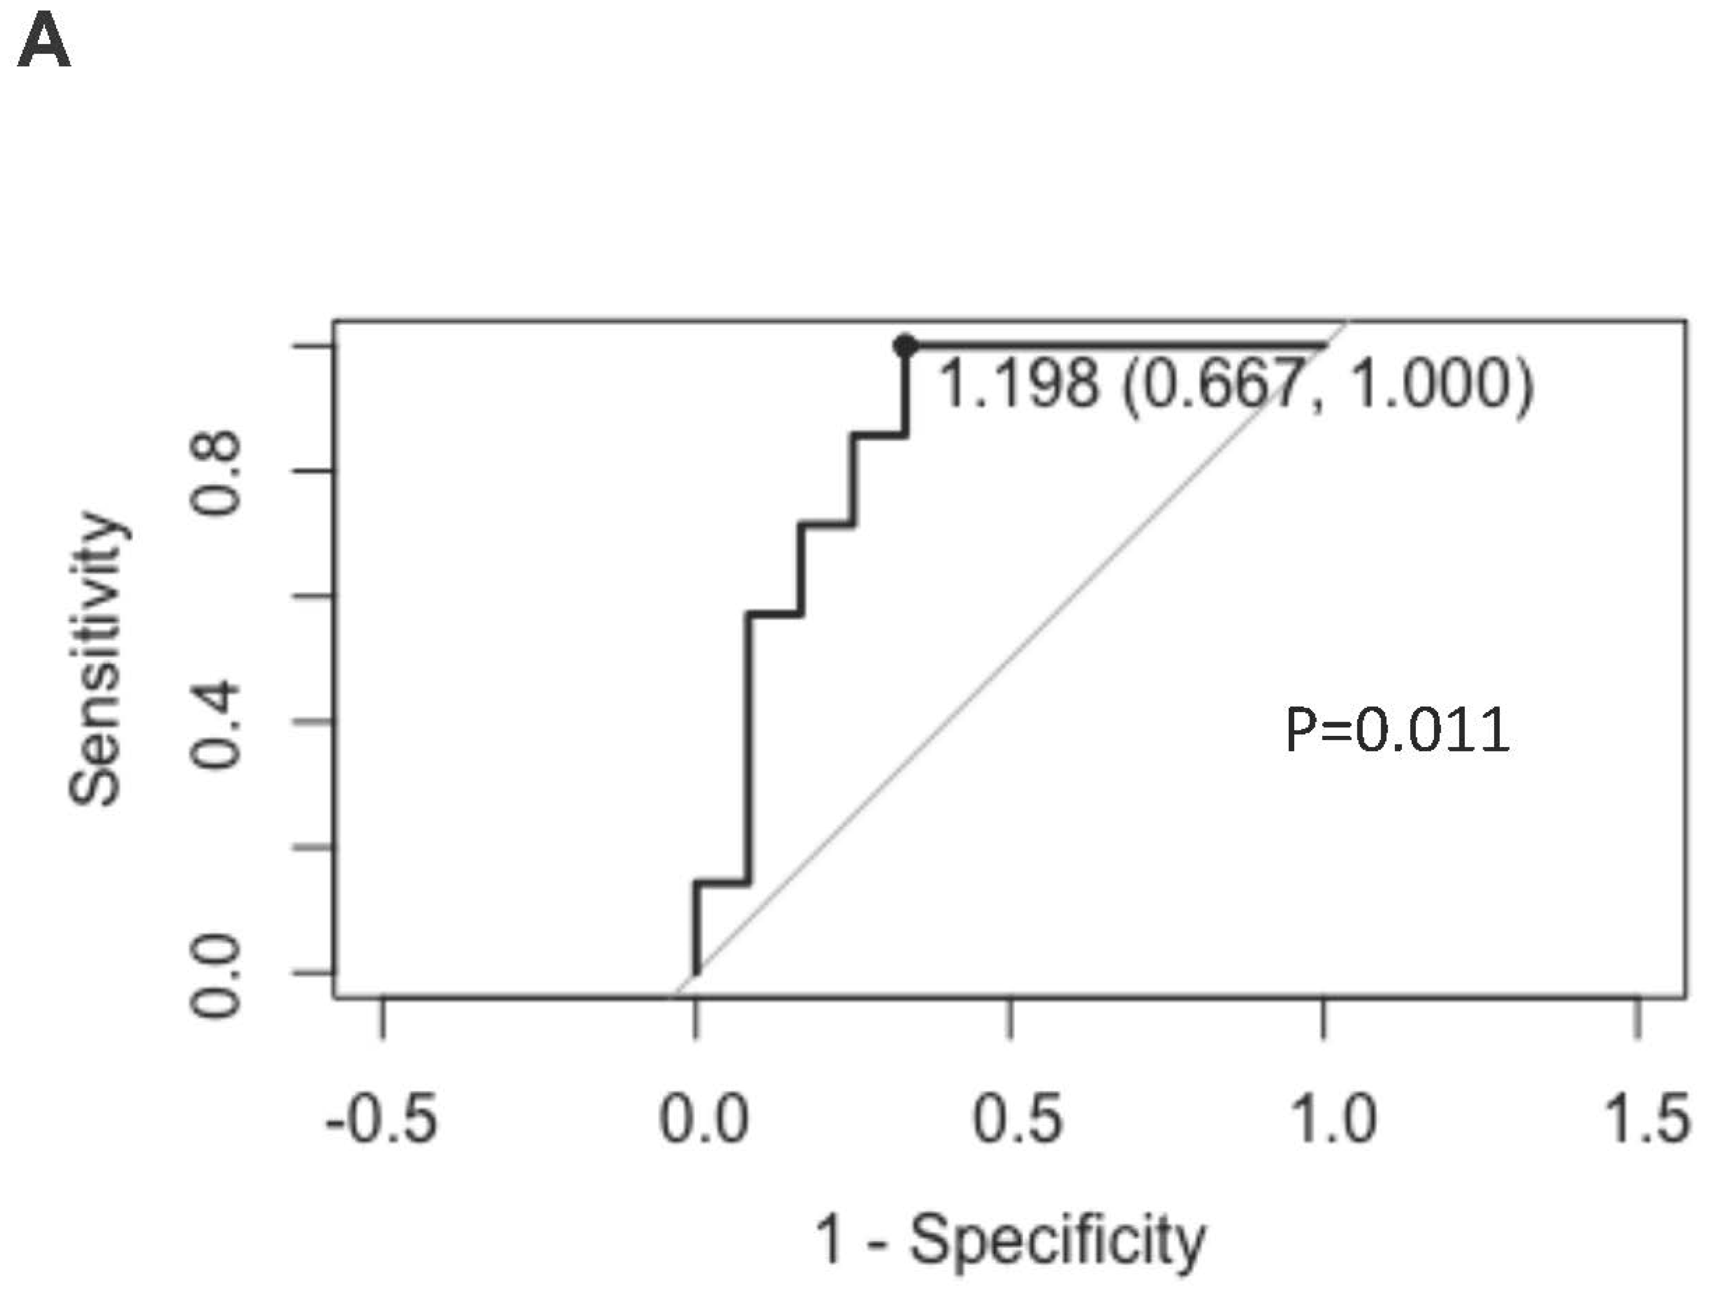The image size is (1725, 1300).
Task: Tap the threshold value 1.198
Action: pyautogui.click(x=1018, y=384)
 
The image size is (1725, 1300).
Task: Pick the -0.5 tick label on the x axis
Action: pyautogui.click(x=381, y=1120)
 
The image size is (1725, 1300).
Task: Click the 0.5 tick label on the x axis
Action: pyautogui.click(x=1017, y=1120)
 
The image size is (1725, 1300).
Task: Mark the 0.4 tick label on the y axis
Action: pyautogui.click(x=216, y=724)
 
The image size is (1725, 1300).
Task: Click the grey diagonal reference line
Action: pyautogui.click(x=1014, y=655)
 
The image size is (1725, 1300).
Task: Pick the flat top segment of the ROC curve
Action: pyautogui.click(x=1115, y=344)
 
